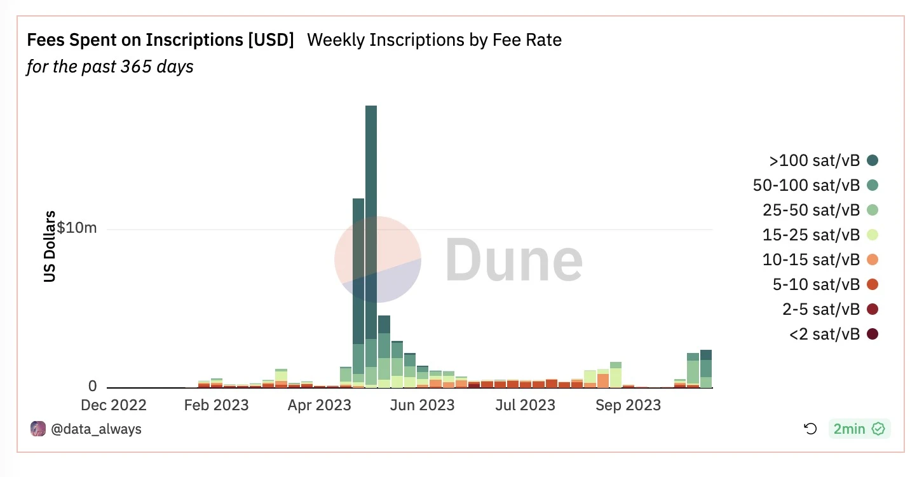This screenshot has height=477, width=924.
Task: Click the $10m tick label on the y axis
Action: (x=77, y=227)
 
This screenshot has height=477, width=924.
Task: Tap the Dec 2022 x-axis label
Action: (x=114, y=405)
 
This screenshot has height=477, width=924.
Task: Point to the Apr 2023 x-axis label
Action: (x=319, y=405)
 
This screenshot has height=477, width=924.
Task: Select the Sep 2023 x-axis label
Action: (x=628, y=405)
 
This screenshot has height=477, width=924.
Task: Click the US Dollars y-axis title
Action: (x=50, y=246)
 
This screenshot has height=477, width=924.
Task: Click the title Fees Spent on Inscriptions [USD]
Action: (x=160, y=40)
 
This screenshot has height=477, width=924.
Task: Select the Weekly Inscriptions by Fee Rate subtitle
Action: (x=434, y=40)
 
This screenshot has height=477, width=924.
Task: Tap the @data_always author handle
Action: (x=96, y=429)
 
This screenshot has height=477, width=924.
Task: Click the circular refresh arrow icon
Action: (x=810, y=429)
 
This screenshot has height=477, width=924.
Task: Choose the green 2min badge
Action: (x=859, y=429)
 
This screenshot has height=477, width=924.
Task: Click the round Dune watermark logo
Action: (x=377, y=259)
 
